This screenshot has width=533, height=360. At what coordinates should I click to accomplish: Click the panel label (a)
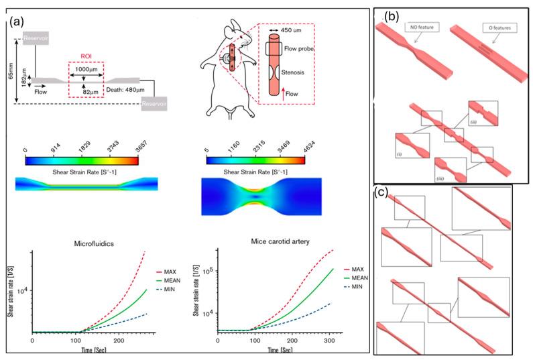point(19,20)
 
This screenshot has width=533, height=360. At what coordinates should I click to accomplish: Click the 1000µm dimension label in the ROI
point(84,70)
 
